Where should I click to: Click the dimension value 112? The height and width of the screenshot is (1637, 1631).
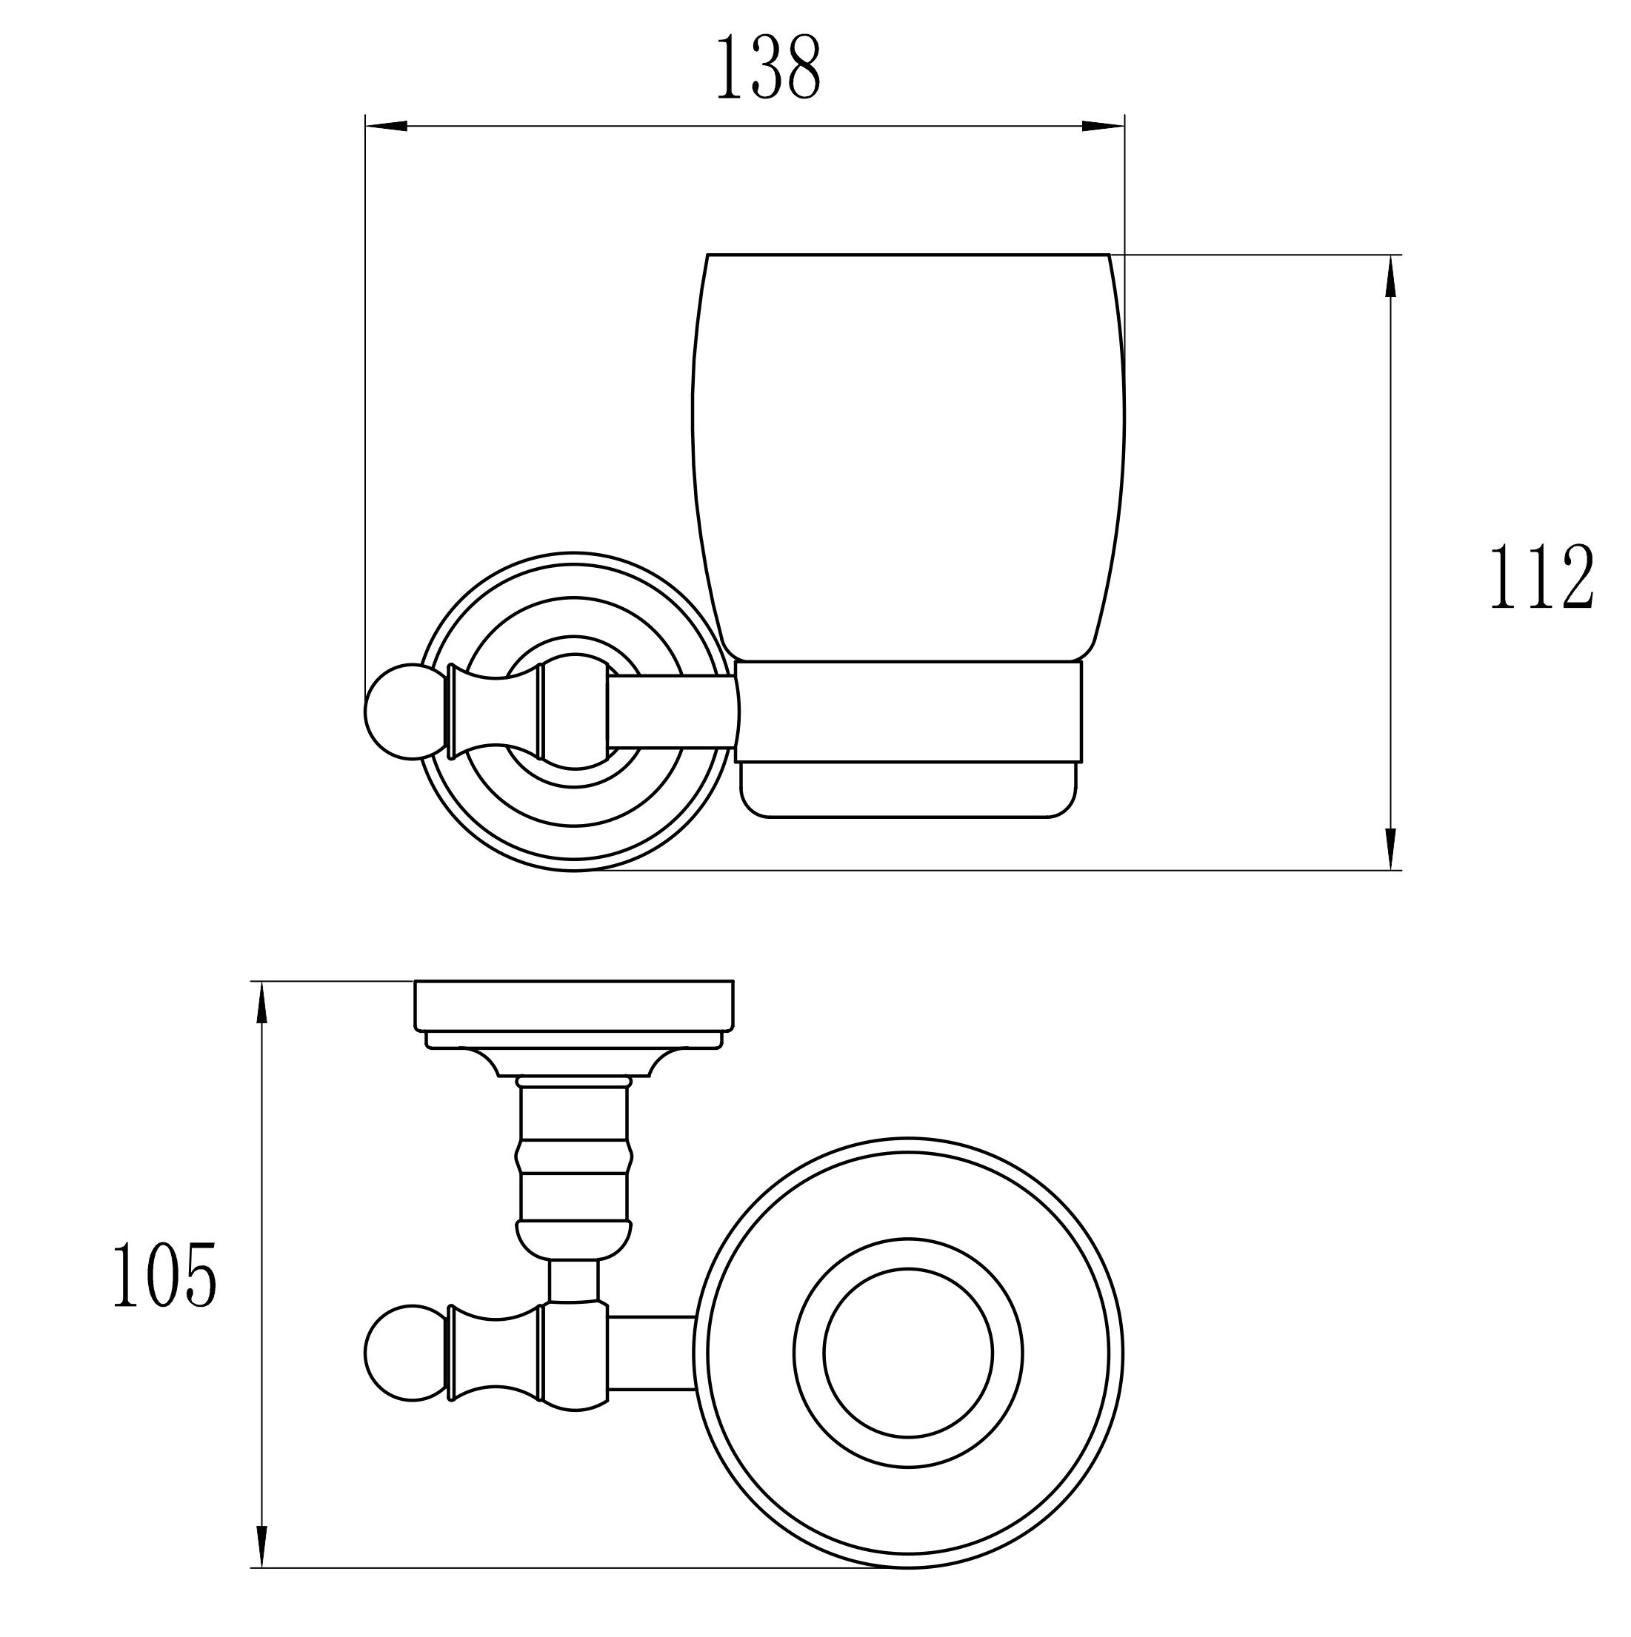coord(1542,577)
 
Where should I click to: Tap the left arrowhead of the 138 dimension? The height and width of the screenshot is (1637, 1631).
coord(387,127)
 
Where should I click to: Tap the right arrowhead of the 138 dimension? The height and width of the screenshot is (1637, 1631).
coord(1103,127)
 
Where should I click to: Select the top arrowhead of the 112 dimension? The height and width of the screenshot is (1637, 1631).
coord(1390,275)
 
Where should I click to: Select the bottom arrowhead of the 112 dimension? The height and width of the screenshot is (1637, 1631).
coord(1390,849)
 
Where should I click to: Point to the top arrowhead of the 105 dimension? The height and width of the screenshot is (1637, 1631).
coord(262,1002)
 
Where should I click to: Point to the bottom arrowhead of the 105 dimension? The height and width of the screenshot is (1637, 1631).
coord(262,1547)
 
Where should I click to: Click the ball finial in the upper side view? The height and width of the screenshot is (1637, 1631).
coord(405,712)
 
